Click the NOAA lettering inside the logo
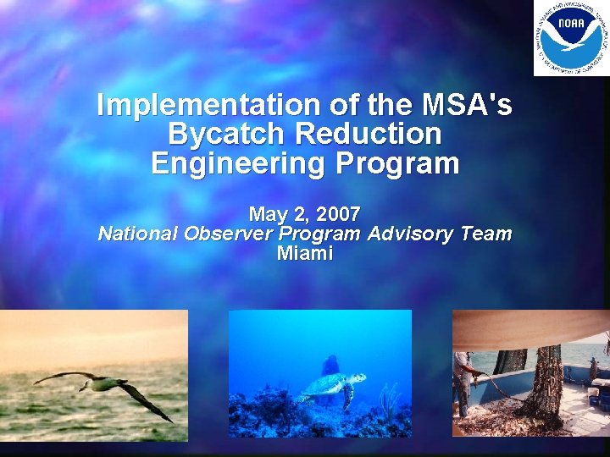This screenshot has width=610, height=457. (x=570, y=24)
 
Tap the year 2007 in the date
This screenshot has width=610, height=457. (x=338, y=213)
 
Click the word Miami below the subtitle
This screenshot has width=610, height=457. (x=305, y=253)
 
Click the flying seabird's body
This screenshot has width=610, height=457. (x=106, y=384)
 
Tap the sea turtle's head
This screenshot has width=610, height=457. (x=359, y=378)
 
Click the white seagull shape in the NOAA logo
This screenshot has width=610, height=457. (x=570, y=44)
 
